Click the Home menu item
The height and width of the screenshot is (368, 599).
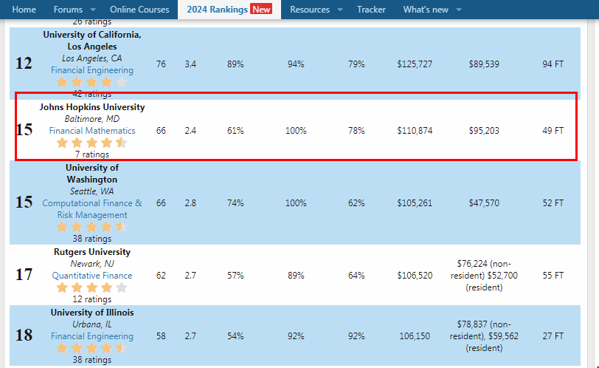tap(24, 10)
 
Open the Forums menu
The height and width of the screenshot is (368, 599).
tap(68, 10)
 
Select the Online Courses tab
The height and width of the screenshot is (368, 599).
tap(139, 10)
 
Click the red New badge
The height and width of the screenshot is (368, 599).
tap(261, 10)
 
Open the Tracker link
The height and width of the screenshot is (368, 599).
tap(371, 10)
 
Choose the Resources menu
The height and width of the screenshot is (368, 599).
tap(310, 10)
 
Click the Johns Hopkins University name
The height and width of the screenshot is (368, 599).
tap(92, 107)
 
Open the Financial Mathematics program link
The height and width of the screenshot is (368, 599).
tap(92, 131)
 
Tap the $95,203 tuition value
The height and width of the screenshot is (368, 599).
tap(484, 131)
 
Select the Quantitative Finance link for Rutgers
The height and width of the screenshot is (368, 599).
tap(92, 276)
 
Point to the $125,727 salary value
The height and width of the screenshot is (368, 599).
tap(415, 64)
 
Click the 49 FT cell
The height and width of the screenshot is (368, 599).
tap(553, 131)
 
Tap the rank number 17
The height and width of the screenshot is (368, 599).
tap(24, 276)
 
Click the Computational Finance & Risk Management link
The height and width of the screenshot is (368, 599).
tap(92, 209)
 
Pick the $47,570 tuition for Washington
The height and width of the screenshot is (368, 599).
tap(484, 203)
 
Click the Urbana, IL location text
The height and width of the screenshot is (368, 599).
tap(92, 324)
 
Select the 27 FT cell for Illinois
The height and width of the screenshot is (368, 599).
tap(553, 336)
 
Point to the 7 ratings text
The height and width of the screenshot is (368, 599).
tap(92, 154)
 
